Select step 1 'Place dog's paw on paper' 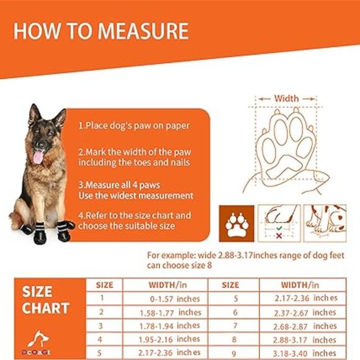tap(133, 125)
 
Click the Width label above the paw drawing tap(286, 98)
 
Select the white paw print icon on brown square tap(234, 224)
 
